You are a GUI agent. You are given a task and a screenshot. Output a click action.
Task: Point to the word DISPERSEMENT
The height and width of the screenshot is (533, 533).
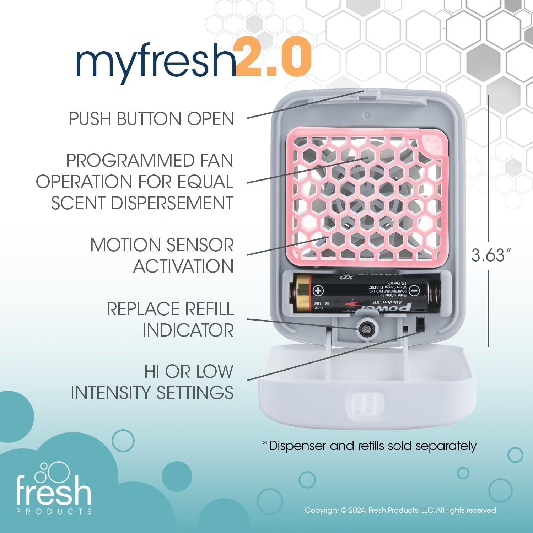[172, 203]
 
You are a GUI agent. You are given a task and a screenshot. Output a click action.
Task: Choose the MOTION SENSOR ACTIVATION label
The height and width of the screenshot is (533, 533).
[162, 255]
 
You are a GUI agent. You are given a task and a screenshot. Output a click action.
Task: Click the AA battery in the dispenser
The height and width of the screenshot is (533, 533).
[362, 294]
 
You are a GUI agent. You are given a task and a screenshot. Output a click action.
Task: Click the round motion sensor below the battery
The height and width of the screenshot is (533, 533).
[365, 329]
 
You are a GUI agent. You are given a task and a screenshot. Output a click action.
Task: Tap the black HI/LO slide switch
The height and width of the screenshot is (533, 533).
[420, 324]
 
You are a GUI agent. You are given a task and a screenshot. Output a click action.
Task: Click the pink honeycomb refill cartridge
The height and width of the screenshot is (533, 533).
[364, 195]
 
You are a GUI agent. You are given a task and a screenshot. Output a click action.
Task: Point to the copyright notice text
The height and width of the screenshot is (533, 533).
[401, 510]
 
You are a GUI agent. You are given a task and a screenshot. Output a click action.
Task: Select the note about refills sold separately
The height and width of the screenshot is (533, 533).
[369, 445]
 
